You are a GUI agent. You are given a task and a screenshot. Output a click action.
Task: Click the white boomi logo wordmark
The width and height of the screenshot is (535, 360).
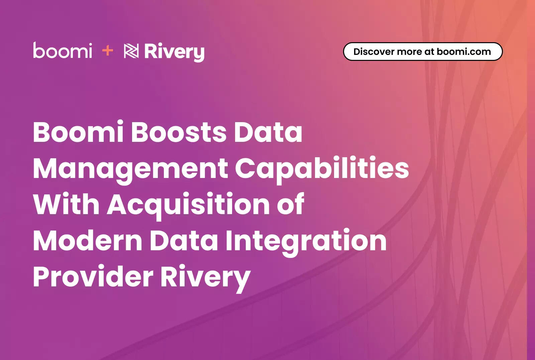pyautogui.click(x=63, y=50)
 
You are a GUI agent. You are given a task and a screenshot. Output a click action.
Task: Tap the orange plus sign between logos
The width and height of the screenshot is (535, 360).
pyautogui.click(x=107, y=51)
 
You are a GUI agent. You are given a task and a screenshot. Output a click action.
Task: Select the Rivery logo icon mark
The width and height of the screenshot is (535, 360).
pyautogui.click(x=131, y=51)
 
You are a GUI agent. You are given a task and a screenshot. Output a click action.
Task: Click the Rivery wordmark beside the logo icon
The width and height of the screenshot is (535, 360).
pyautogui.click(x=174, y=52)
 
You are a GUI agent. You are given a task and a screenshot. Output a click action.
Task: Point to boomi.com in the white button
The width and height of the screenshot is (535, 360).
pyautogui.click(x=464, y=52)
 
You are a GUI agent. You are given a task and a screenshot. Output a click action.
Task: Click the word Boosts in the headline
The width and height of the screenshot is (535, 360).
pyautogui.click(x=179, y=132)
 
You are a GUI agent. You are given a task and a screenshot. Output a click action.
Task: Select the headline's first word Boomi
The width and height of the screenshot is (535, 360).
pyautogui.click(x=78, y=132)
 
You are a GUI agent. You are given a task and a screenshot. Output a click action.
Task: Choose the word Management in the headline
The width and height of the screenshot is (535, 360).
pyautogui.click(x=130, y=170)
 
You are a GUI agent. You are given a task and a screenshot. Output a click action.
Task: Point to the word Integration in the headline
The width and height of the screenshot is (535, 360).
pyautogui.click(x=306, y=242)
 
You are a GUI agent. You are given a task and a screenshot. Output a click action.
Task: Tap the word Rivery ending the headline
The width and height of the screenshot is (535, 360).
pyautogui.click(x=205, y=278)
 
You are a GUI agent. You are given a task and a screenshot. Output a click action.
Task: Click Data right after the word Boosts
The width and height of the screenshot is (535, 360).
pyautogui.click(x=268, y=132)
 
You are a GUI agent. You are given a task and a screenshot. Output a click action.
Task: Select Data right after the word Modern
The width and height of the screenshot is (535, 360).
pyautogui.click(x=184, y=240)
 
